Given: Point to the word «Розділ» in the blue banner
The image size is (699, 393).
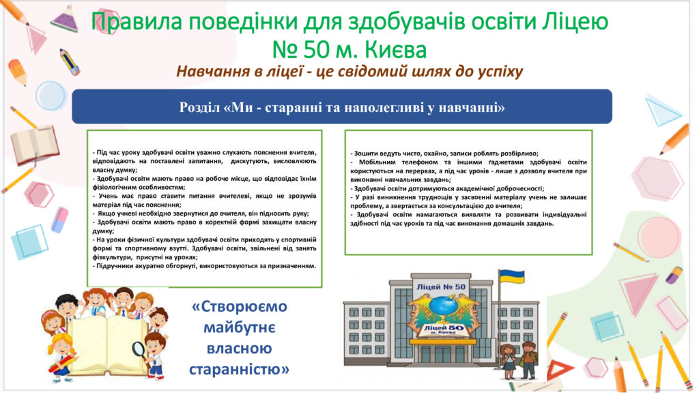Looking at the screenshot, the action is (x=200, y=107).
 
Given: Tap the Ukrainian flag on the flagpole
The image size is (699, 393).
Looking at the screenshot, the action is (x=511, y=277).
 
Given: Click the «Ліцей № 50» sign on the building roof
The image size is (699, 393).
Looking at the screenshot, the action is (x=440, y=287).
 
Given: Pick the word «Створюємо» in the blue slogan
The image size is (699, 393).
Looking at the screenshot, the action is (x=240, y=306).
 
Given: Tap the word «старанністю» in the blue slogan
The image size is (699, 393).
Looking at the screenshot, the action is (x=240, y=369).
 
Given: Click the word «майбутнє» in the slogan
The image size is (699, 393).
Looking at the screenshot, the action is (x=240, y=328).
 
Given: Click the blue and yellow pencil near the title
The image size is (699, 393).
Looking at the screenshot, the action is (x=70, y=62).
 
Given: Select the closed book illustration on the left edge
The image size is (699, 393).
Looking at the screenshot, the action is (x=34, y=145).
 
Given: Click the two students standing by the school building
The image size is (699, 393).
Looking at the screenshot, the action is (x=519, y=360).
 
